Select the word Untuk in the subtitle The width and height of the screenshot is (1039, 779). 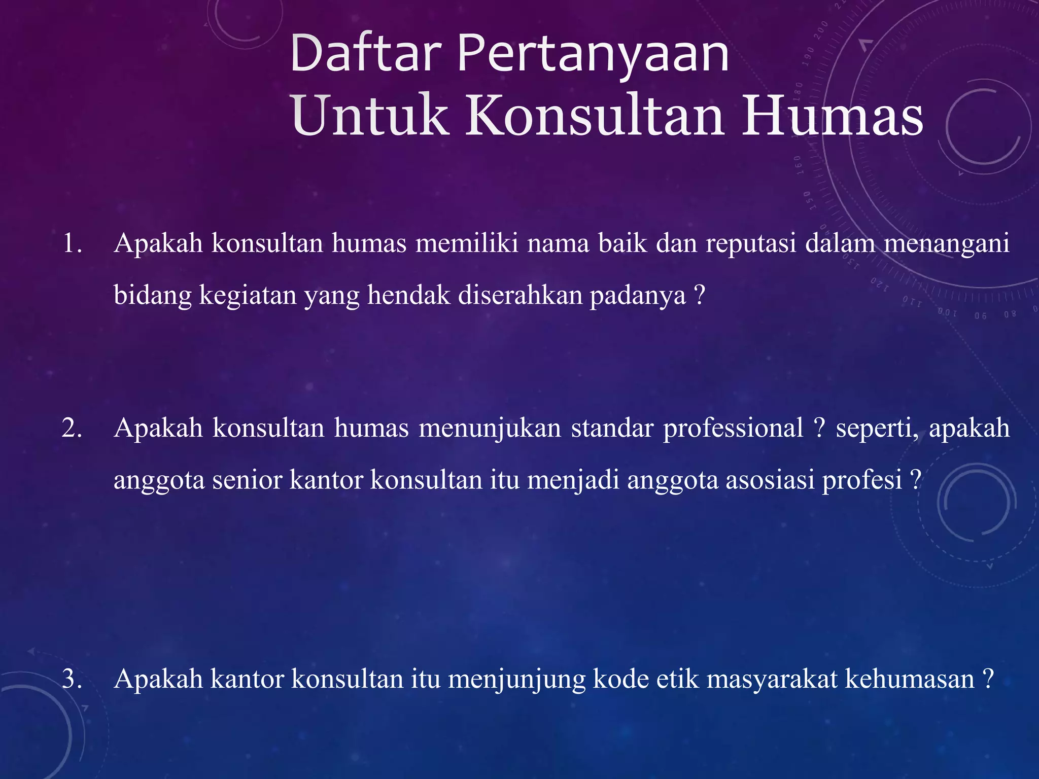(x=370, y=117)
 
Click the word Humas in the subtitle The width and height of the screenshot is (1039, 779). (x=832, y=117)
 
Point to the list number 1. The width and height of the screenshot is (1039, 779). (x=72, y=243)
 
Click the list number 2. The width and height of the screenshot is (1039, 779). (x=72, y=428)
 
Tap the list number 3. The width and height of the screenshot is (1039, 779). (x=72, y=679)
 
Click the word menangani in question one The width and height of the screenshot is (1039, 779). (x=947, y=244)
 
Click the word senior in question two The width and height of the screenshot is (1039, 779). (x=247, y=480)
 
